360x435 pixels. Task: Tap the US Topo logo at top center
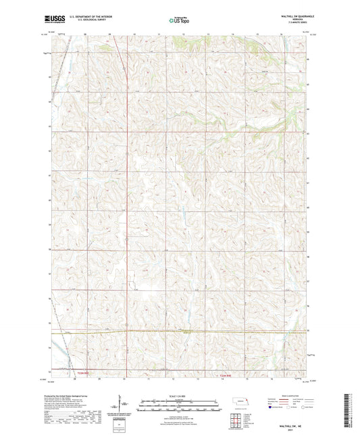tap(178, 20)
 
